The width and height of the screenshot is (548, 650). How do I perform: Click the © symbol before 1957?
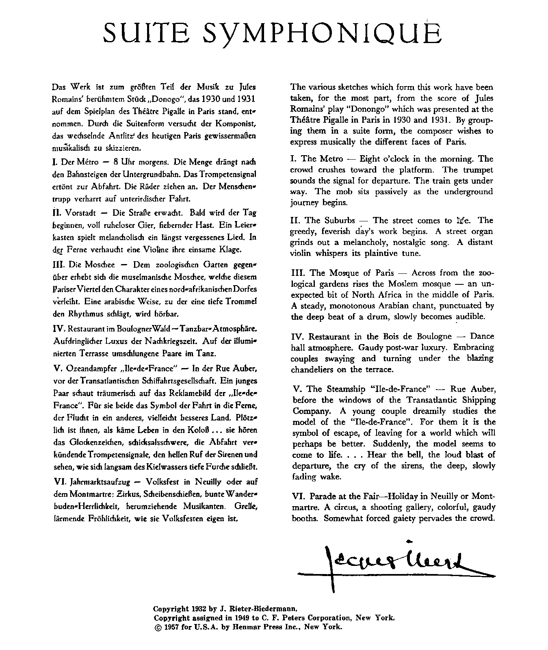(x=158, y=627)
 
